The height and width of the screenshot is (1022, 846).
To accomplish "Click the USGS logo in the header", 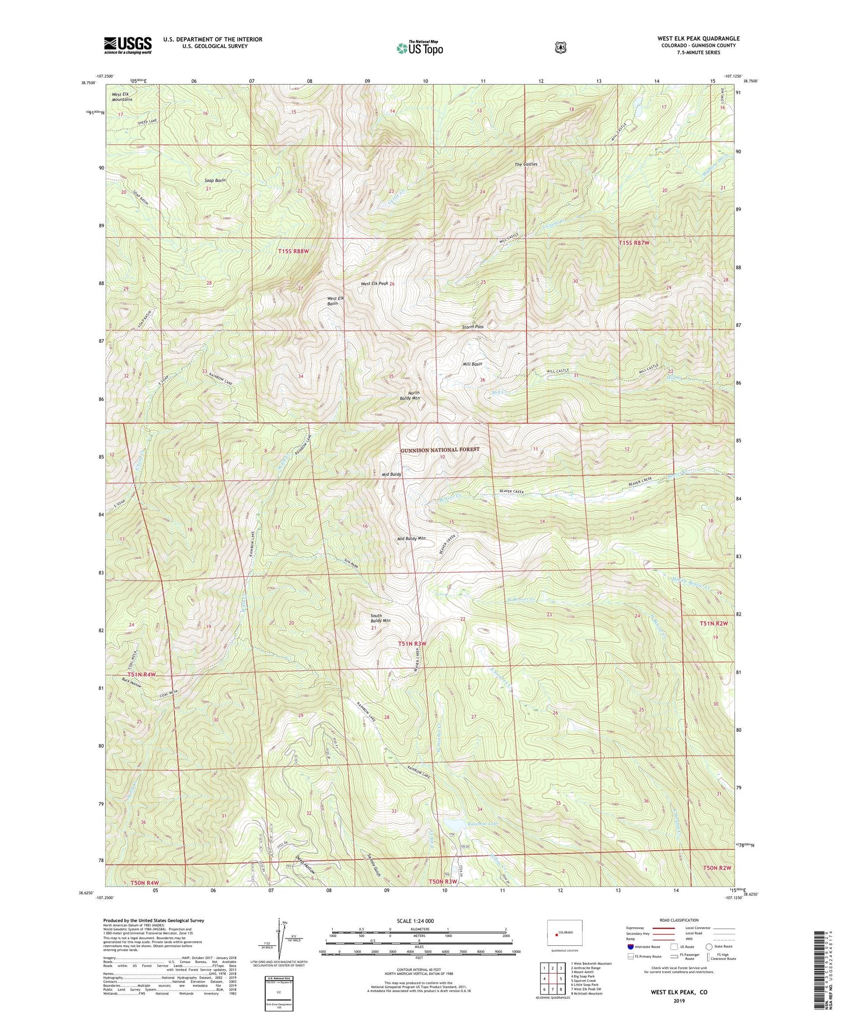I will click(x=127, y=45).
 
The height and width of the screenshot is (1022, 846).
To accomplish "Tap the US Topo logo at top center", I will click(x=420, y=47).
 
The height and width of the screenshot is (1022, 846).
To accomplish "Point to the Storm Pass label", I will click(x=472, y=326).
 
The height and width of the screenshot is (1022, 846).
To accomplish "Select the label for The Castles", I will click(x=526, y=165).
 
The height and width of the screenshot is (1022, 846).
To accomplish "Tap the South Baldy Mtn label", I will click(x=380, y=618).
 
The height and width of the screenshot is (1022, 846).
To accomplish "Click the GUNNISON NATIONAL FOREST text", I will click(x=440, y=449).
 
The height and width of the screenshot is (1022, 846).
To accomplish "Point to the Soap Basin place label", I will click(x=215, y=180).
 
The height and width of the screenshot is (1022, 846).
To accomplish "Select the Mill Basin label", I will click(x=472, y=364).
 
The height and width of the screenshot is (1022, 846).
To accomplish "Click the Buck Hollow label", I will click(x=130, y=682).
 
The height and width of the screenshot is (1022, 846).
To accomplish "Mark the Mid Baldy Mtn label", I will click(x=411, y=539).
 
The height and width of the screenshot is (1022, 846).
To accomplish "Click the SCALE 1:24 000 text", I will click(x=419, y=921).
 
